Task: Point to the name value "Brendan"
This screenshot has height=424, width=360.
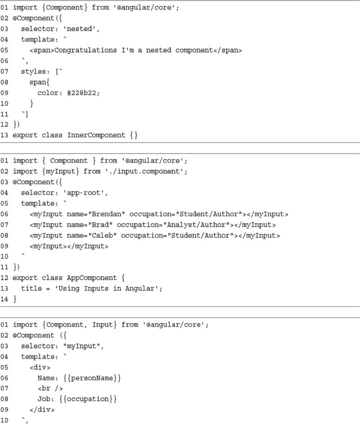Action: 106,214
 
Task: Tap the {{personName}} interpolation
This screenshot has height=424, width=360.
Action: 87,378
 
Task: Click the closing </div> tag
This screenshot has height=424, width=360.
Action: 42,410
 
